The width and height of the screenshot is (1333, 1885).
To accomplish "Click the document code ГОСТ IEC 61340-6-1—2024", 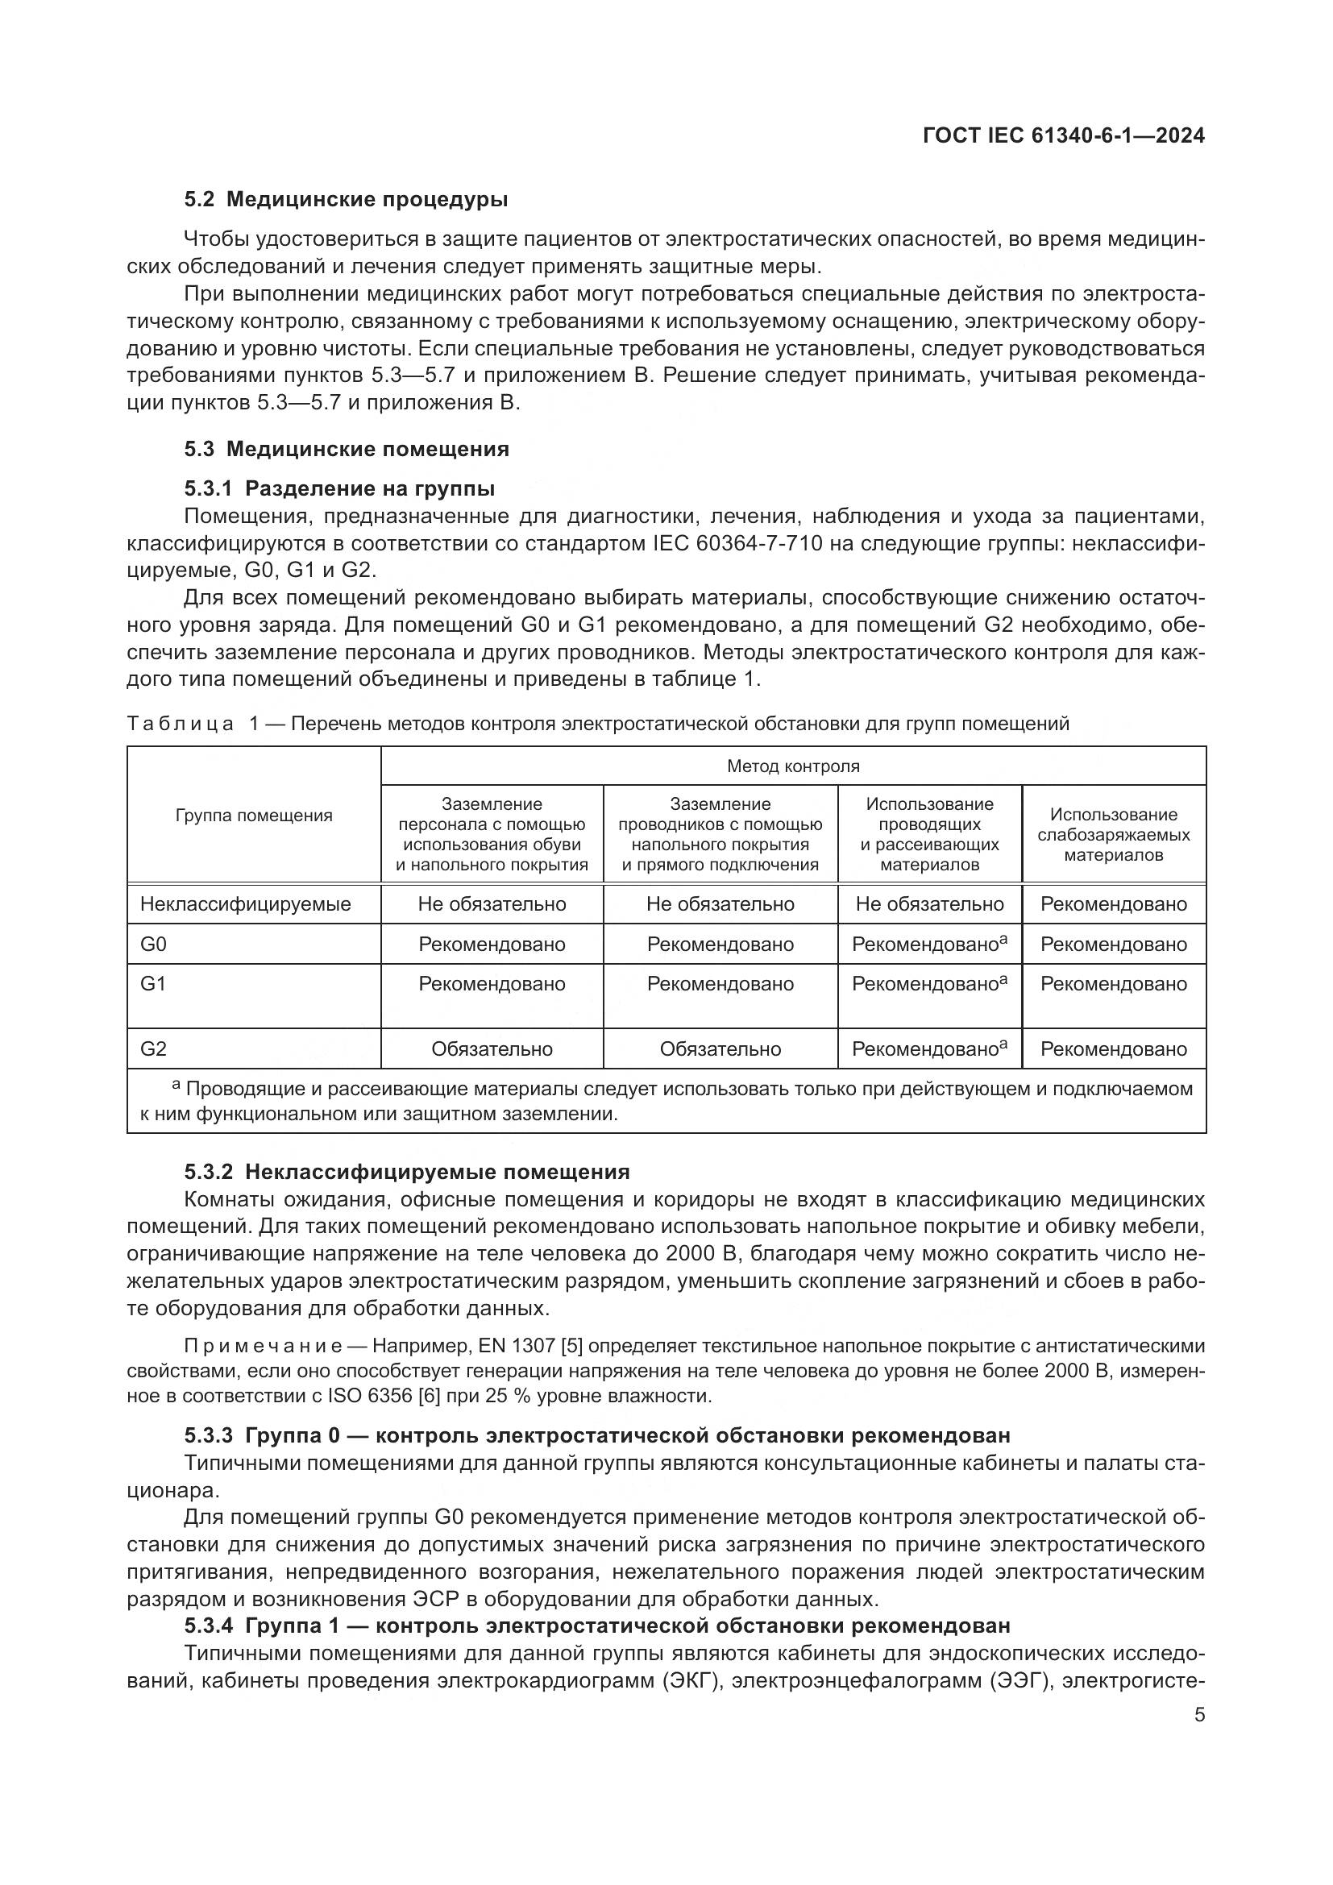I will click(x=1064, y=135).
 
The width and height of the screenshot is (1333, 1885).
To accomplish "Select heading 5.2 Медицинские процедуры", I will click(x=346, y=200).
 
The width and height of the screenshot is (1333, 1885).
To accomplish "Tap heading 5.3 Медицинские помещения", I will click(x=347, y=449).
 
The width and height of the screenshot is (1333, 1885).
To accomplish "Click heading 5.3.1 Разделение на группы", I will click(x=339, y=489).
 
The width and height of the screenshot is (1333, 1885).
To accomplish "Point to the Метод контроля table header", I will click(x=793, y=766).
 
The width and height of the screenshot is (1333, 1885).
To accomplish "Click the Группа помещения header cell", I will click(x=254, y=816).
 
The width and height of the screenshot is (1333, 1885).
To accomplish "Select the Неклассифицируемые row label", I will click(x=246, y=904).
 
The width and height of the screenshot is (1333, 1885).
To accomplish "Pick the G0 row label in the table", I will click(x=153, y=945).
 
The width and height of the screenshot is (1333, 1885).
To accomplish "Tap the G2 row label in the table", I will click(x=153, y=1048).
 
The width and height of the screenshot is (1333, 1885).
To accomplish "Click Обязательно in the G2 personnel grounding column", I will click(x=492, y=1049).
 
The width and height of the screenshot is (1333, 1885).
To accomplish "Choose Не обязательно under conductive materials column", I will click(x=929, y=904).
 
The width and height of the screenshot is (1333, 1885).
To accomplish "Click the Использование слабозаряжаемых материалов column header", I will click(x=1113, y=834).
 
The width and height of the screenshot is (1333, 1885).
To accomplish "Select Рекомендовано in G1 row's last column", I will click(x=1113, y=983).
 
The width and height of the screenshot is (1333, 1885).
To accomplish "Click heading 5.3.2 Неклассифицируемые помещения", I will click(x=406, y=1172).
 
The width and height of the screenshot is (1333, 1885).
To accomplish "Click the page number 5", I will click(x=1199, y=1714).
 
